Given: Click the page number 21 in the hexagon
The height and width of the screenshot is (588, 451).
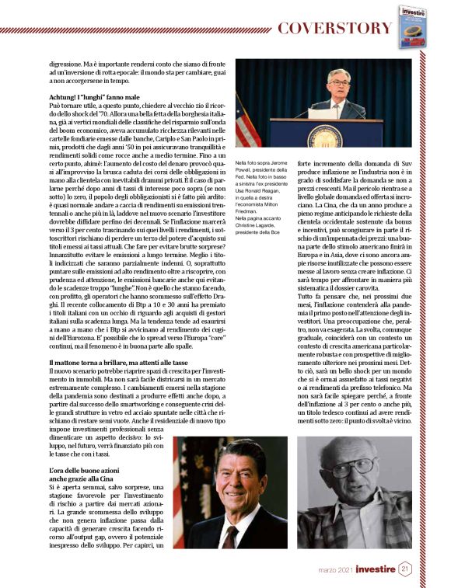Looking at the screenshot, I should pos(405,569).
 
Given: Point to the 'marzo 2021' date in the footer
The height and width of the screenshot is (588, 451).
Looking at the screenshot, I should pos(334,570).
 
